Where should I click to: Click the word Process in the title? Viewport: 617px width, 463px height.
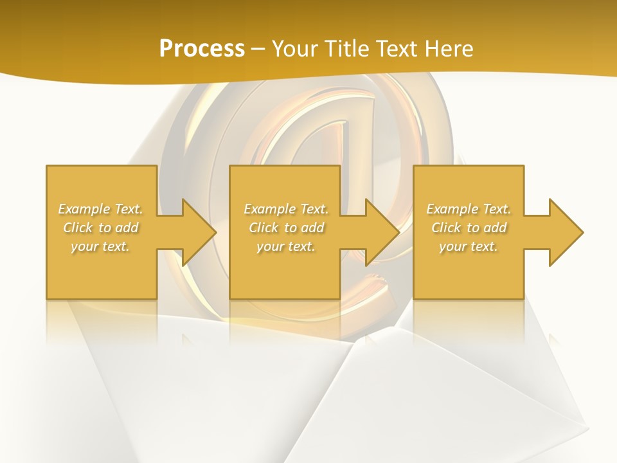(x=202, y=49)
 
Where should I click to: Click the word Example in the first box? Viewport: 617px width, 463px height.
(x=84, y=209)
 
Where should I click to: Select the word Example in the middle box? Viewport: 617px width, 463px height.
(x=269, y=209)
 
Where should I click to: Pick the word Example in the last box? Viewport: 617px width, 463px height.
(x=452, y=209)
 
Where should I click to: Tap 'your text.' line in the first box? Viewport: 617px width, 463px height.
(x=100, y=246)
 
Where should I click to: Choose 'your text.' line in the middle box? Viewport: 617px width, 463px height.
(x=285, y=246)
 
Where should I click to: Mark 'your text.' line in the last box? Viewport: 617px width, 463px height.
(x=469, y=246)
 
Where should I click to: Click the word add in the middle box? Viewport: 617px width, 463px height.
(x=312, y=228)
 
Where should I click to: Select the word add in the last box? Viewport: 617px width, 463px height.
(x=495, y=228)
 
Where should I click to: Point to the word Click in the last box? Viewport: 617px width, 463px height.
(x=446, y=228)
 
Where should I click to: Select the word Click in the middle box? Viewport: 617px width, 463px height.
(x=264, y=228)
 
